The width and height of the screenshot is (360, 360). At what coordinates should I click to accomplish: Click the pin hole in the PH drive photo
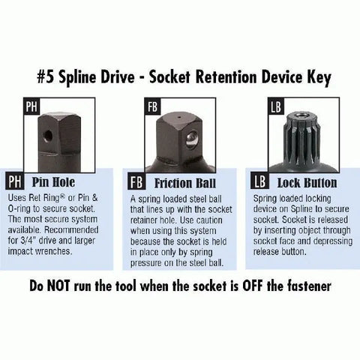coord(47,136)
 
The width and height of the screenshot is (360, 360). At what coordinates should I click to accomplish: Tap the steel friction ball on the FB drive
coord(192,139)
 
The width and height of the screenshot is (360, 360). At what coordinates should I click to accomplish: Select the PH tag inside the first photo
coord(31,106)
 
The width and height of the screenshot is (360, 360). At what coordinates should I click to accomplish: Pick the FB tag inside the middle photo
coord(152,106)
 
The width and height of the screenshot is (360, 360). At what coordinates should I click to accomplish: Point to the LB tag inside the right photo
coord(276,106)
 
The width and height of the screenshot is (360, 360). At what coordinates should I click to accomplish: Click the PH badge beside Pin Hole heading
coord(15,181)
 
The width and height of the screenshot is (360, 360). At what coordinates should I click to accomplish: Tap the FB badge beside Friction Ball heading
coord(136,181)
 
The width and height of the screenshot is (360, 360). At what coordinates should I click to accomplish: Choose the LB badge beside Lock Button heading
coord(259,181)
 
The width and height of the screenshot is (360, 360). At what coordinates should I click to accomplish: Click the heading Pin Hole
coord(53,181)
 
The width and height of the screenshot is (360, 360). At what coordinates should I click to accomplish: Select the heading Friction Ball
coord(185,183)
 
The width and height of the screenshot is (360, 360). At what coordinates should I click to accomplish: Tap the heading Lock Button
coord(307,183)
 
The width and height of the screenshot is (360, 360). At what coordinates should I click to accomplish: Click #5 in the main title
coord(46,77)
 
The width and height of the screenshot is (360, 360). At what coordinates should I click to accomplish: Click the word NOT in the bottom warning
coord(58,286)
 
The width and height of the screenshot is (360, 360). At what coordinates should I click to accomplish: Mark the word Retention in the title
coord(226,77)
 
